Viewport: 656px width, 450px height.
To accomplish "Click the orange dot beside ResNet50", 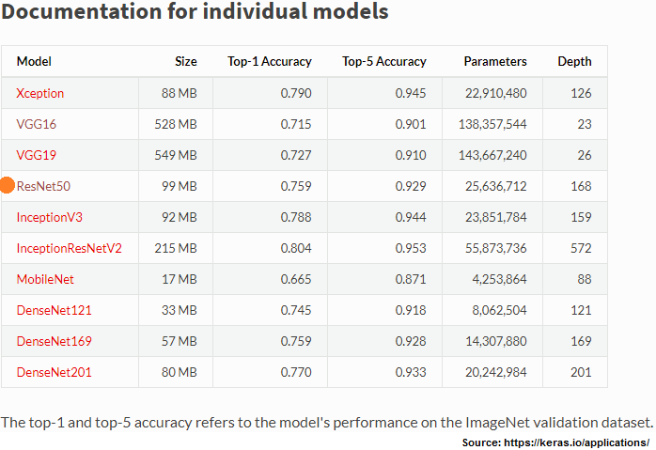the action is coord(8,185).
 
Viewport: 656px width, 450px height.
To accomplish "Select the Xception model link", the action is coord(40,93).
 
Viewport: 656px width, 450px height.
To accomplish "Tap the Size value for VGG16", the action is coord(176,124).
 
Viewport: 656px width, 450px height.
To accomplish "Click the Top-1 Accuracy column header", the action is coord(270,61).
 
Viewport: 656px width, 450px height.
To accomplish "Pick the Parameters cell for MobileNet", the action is coord(500,279).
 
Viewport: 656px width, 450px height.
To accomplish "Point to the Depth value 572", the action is coord(581,248).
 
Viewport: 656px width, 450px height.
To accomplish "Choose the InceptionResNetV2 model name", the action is coord(69,248).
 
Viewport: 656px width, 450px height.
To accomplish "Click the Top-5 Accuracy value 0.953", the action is coord(411,248).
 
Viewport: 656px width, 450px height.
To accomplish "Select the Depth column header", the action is coord(574,61).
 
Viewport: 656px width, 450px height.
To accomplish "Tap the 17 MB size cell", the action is coord(180,279).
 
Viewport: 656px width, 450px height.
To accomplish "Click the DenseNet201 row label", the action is coord(54,372).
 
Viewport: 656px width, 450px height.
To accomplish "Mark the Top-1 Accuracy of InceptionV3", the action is coord(296,217).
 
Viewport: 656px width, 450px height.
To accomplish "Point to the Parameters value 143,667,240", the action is coord(492,155).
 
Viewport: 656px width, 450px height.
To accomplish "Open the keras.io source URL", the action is coord(576,442).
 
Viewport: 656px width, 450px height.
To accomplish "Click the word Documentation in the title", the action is coord(82,11).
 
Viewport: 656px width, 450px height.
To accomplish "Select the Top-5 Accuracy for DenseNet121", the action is coord(411,310).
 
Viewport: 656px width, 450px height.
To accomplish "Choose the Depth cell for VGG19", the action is coord(585,155).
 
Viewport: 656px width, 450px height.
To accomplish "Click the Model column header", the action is coord(34,61).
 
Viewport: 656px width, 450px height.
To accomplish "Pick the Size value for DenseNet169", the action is coord(180,341).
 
